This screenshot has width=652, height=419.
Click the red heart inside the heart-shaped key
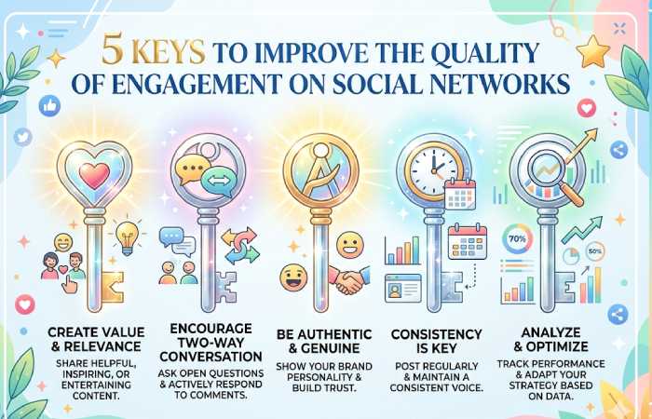tap(93, 174)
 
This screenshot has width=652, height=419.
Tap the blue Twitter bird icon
tap(23, 137)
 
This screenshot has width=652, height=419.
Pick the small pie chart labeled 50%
tap(593, 252)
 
